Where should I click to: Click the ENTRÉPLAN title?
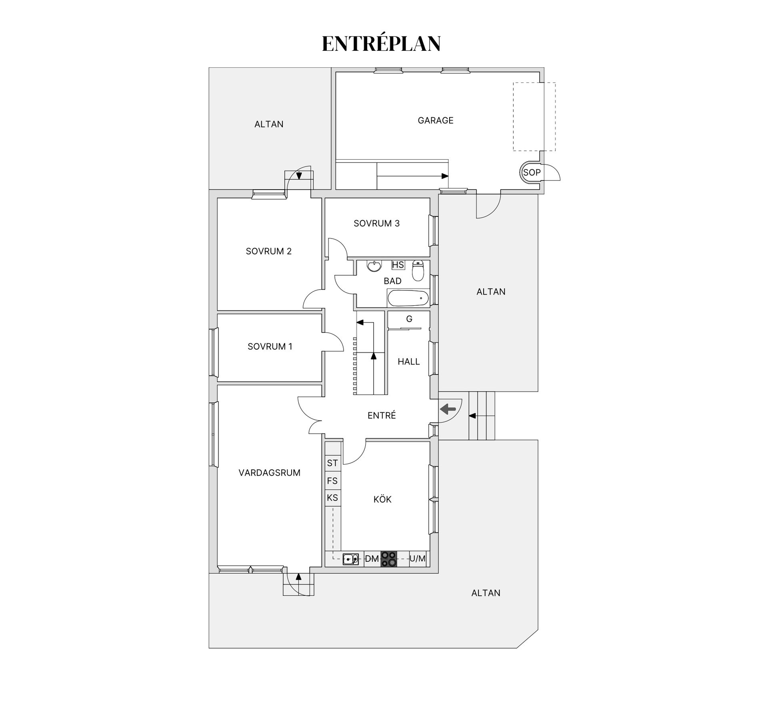pos(381,44)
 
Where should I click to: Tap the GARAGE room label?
pos(436,120)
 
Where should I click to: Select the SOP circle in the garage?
pos(532,172)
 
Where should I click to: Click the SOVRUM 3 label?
pos(376,223)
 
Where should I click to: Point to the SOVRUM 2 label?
pos(268,251)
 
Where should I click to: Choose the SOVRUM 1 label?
pos(270,346)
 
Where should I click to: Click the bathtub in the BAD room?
pos(408,298)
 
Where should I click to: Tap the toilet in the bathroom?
pos(418,270)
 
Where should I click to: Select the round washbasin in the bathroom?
pos(374,266)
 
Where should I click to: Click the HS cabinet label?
pos(398,265)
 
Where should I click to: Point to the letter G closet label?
pos(409,319)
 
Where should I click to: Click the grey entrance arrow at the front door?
pos(448,409)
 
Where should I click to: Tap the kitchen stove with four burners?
pos(389,559)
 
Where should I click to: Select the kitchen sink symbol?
pos(351,559)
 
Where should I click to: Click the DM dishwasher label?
pos(372,559)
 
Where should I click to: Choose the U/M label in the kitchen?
pos(418,559)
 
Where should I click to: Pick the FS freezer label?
pos(332,481)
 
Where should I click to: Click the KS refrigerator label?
pos(332,498)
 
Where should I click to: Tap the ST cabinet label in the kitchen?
pos(332,463)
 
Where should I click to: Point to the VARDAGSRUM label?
pos(269,473)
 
